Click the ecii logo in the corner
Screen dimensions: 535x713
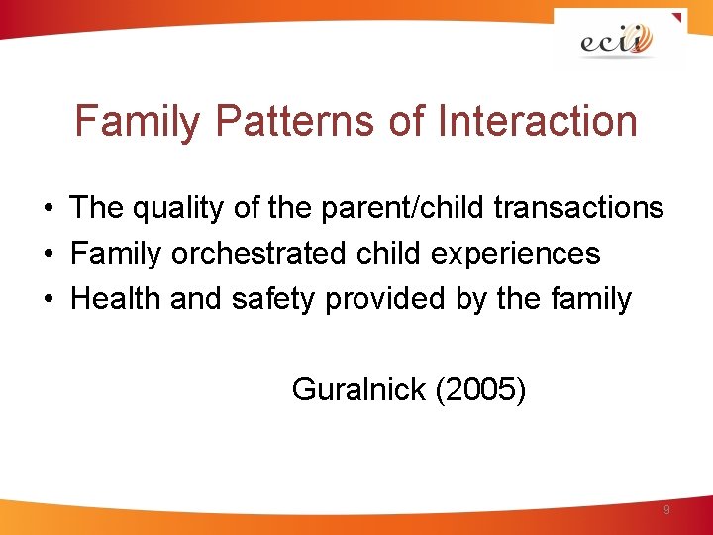[617, 41]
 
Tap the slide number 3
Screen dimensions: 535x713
[666, 510]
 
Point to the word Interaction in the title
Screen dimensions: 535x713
[534, 122]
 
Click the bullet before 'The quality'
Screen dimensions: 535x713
[48, 208]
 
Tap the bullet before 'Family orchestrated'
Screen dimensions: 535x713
[48, 254]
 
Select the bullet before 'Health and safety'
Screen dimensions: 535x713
[48, 299]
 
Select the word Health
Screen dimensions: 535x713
[116, 298]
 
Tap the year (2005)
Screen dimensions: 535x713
[480, 390]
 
